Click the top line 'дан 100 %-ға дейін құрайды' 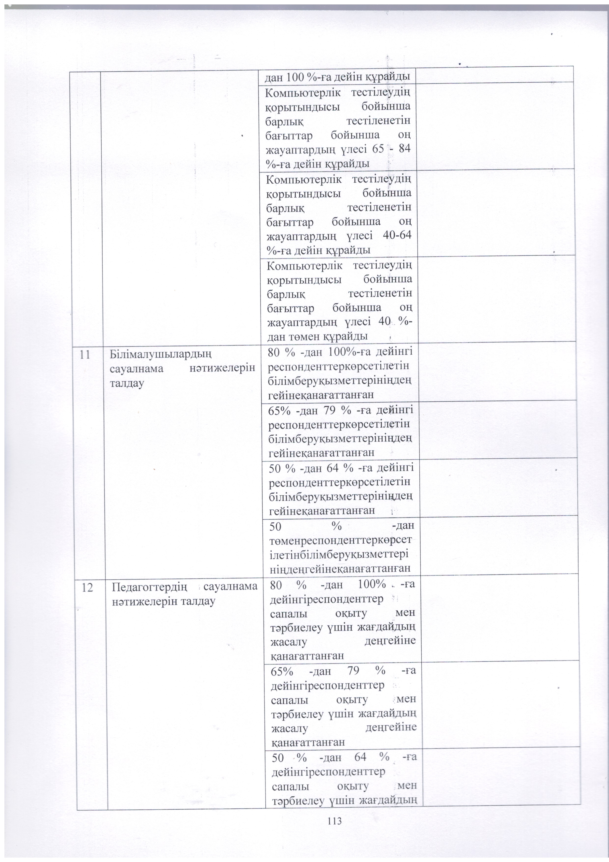pos(337,78)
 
